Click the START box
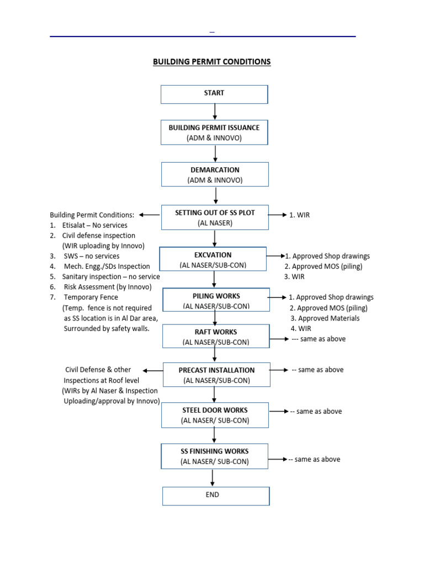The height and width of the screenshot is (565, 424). pos(214,94)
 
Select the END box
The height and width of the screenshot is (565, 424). pos(216,495)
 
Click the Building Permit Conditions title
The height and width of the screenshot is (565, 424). pos(211,62)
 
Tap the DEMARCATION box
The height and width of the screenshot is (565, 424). pos(215,174)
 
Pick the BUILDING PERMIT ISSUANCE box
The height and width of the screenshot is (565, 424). pos(214,132)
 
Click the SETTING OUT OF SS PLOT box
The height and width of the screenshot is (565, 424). pos(214,217)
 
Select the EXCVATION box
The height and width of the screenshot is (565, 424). pos(213,260)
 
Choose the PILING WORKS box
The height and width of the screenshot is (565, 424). pos(216,301)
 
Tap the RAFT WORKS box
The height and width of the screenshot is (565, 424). pos(216,337)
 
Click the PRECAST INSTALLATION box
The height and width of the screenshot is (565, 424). pos(216,375)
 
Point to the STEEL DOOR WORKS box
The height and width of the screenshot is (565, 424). pos(215,415)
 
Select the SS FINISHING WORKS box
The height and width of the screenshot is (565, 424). pos(215,456)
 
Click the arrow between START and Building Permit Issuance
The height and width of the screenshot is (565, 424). pos(214,111)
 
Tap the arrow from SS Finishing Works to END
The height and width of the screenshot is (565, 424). pos(213,478)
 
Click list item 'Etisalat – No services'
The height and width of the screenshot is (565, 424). pos(94,225)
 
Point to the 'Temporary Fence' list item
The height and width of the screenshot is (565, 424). pos(90,297)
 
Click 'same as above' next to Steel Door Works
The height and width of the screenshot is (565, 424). pos(319,412)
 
